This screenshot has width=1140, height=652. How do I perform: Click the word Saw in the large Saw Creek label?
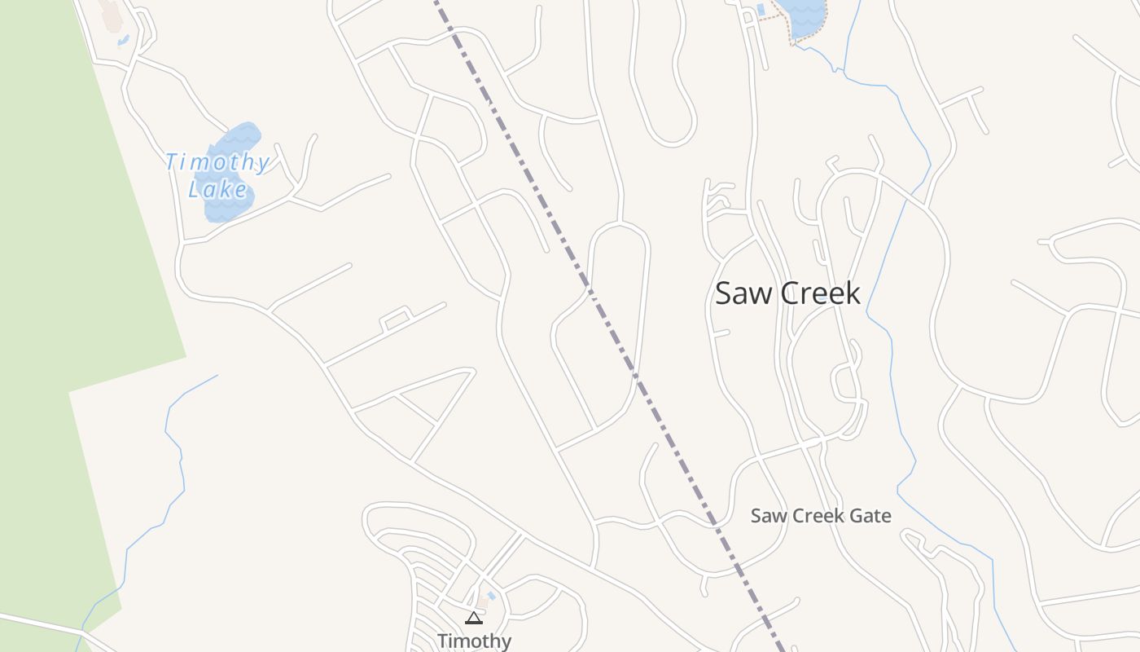coord(742,293)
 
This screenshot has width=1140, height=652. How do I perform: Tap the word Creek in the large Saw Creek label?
coord(818,293)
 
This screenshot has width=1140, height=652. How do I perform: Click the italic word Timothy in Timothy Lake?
coord(217,162)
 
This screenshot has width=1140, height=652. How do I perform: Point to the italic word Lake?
coord(217,191)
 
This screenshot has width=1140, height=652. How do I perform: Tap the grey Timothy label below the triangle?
coord(474,641)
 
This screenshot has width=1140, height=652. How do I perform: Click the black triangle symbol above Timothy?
coord(474,619)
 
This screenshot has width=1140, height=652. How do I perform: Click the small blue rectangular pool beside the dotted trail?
coord(761,10)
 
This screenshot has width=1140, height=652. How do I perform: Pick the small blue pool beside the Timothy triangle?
coord(491,597)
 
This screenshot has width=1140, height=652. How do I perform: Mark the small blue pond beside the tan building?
coord(122,39)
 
